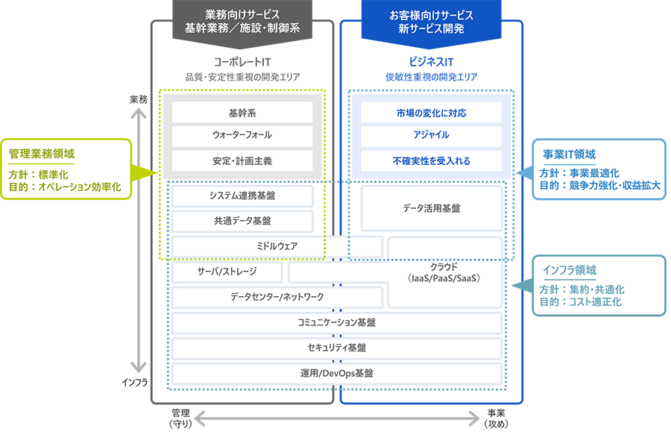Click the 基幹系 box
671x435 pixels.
[x=242, y=113]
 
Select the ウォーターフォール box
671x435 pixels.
[x=242, y=137]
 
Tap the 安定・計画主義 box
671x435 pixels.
[x=242, y=160]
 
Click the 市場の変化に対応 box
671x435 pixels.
[x=431, y=113]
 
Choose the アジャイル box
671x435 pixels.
[x=431, y=137]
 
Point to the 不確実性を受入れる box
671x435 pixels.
[x=431, y=160]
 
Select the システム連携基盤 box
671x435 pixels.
[x=241, y=196]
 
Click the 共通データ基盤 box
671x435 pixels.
[x=241, y=221]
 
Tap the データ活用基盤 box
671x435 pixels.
[x=430, y=209]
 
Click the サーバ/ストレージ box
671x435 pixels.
[x=227, y=272]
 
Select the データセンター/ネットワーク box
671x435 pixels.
[x=277, y=298]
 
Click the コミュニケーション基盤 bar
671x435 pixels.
[x=335, y=323]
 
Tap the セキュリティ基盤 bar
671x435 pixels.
[x=335, y=348]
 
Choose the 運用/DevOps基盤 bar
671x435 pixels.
[x=335, y=373]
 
